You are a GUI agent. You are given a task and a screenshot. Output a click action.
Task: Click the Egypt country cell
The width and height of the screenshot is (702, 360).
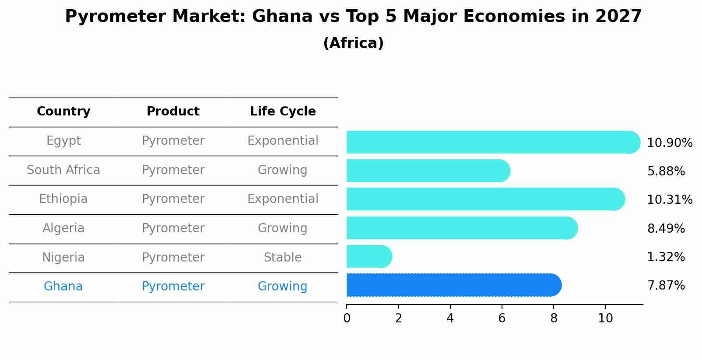pos(63,141)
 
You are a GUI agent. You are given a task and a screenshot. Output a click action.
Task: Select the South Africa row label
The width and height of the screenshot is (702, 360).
pos(63,170)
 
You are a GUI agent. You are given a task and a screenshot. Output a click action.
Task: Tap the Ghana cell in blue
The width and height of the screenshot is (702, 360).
pos(63,287)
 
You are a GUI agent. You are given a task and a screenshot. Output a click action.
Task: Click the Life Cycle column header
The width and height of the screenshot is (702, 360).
pos(283,112)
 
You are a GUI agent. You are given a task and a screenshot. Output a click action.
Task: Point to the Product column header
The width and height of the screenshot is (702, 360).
pos(173,112)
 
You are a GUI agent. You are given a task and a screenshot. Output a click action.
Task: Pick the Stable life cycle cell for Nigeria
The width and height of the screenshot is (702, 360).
pos(283,258)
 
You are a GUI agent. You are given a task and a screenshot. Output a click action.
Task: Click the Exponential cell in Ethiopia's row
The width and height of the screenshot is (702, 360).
pos(283,199)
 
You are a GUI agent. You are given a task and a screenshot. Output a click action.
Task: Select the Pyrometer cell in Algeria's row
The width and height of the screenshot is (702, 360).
pos(173,228)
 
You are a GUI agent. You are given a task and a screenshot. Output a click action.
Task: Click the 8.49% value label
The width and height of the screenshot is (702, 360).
pos(666,229)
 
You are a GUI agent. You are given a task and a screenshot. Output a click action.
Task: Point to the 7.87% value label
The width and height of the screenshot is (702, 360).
pos(666,286)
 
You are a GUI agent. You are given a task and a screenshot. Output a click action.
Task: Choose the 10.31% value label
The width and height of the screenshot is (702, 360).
pos(670,200)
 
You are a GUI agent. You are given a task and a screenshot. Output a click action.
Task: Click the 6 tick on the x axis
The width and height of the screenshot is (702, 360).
pos(502,318)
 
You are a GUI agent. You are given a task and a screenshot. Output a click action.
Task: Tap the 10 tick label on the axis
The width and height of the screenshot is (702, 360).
pos(605,318)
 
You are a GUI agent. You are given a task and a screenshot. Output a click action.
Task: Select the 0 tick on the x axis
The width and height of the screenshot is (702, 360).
pos(347,318)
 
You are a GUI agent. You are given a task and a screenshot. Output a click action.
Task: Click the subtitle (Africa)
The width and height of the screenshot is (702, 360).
pos(353,43)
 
